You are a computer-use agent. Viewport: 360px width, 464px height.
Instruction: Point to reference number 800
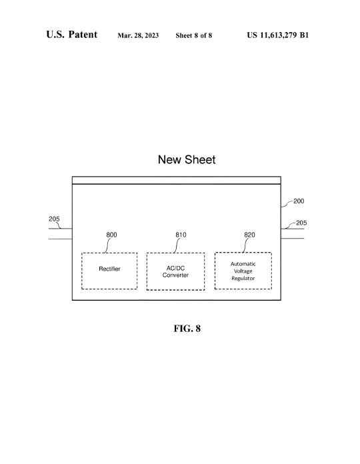[x=111, y=235]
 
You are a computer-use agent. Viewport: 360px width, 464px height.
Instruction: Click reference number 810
[x=181, y=235]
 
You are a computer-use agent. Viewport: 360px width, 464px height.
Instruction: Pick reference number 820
[x=249, y=235]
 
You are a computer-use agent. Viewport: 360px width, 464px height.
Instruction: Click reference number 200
[x=299, y=201]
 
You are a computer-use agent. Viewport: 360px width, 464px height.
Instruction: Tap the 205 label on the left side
[x=54, y=219]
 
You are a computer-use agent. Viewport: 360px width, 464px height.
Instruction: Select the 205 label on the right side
[x=301, y=223]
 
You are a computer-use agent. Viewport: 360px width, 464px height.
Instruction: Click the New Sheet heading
[x=187, y=159]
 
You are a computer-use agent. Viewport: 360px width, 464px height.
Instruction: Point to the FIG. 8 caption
[x=187, y=329]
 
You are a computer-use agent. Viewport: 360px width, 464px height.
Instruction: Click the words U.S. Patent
[x=71, y=34]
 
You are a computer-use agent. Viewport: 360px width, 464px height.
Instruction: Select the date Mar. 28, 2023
[x=138, y=35]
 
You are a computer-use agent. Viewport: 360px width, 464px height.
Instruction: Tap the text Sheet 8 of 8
[x=194, y=35]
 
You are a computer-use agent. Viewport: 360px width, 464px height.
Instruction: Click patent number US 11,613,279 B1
[x=278, y=35]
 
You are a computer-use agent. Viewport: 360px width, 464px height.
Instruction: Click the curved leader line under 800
[x=107, y=245]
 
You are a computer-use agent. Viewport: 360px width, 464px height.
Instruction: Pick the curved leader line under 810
[x=177, y=245]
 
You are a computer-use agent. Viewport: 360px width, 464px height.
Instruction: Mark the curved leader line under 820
[x=245, y=245]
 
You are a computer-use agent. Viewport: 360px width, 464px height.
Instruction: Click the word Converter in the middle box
[x=175, y=275]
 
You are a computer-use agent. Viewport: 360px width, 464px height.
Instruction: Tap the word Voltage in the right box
[x=243, y=271]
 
